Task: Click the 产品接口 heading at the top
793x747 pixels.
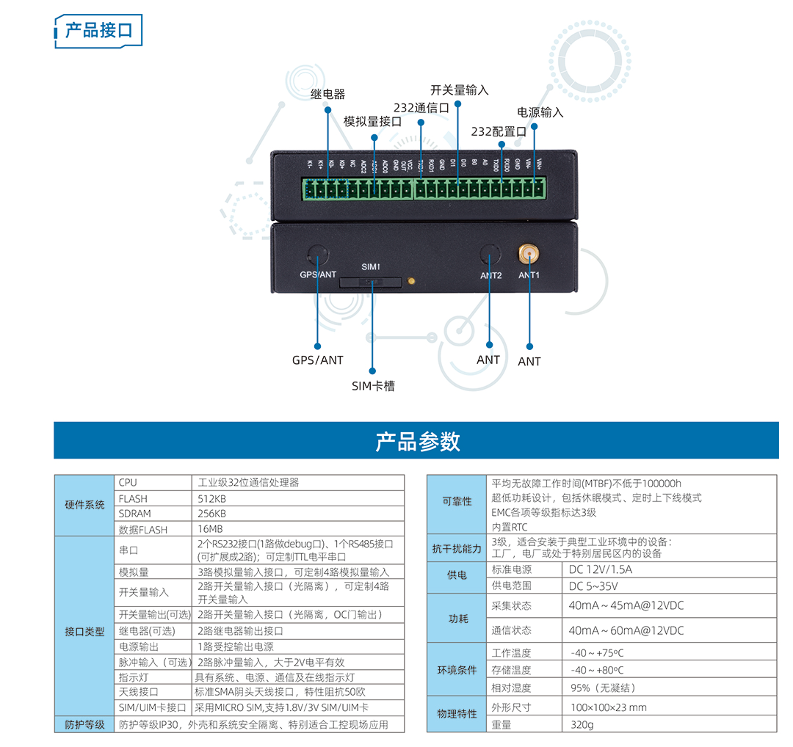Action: click(x=99, y=30)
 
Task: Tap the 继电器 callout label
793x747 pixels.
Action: click(x=327, y=95)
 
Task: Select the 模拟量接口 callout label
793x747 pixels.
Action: click(x=373, y=122)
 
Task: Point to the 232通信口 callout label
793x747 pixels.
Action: click(x=421, y=107)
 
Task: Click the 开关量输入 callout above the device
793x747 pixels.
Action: click(x=459, y=90)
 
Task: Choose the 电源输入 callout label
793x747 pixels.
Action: click(x=540, y=112)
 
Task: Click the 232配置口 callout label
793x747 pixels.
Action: click(x=499, y=132)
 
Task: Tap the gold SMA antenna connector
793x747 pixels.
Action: click(x=528, y=255)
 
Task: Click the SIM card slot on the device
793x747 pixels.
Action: click(x=371, y=281)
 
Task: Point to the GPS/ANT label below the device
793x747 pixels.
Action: click(x=317, y=360)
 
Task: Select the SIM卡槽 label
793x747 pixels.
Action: click(x=372, y=386)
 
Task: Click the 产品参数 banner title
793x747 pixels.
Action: click(x=417, y=441)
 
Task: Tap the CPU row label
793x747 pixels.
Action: click(x=128, y=483)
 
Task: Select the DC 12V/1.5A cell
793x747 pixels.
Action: click(x=601, y=569)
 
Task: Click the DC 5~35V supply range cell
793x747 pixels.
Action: click(x=593, y=586)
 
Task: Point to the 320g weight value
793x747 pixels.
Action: click(x=582, y=724)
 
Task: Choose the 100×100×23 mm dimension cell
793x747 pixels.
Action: click(x=609, y=707)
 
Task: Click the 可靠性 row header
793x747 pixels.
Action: click(x=457, y=502)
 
